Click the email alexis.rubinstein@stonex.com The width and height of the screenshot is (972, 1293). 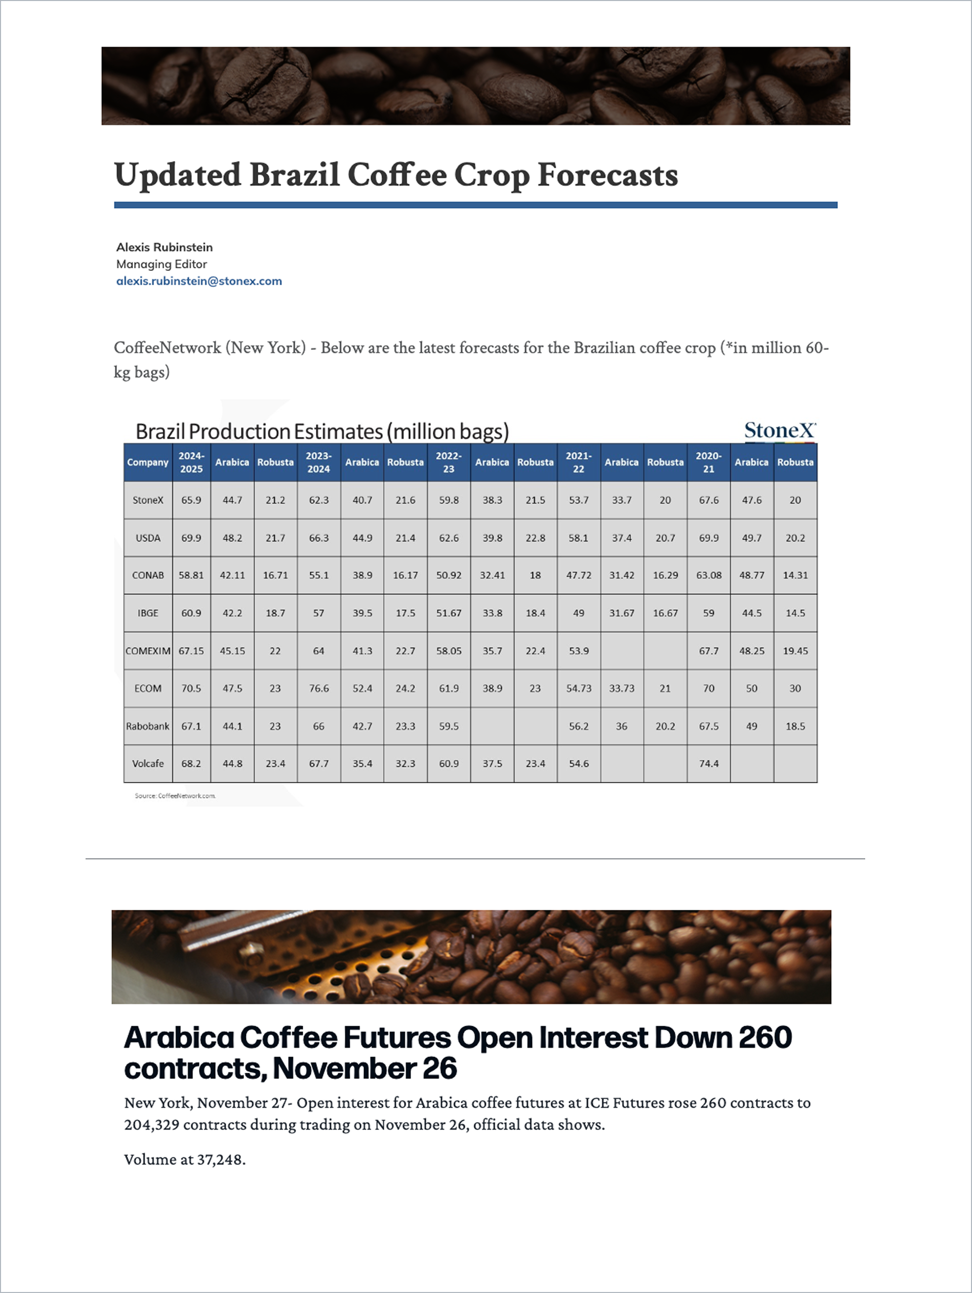199,281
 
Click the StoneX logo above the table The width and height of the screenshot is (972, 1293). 780,431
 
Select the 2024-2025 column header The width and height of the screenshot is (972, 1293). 191,462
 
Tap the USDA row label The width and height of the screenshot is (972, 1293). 148,538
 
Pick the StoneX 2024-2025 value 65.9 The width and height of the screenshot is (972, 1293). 191,500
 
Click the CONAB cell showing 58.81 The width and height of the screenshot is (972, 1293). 191,575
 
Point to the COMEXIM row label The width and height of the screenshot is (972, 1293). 148,651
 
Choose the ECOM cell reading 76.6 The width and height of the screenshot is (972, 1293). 318,689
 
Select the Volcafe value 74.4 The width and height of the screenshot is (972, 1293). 708,763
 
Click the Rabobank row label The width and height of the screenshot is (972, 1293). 148,726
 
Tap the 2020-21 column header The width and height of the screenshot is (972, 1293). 708,462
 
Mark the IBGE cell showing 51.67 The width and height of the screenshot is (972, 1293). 449,613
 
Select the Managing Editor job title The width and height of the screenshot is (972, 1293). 161,264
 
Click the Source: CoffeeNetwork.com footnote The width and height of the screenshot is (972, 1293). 175,795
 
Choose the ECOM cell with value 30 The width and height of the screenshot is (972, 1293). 795,689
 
